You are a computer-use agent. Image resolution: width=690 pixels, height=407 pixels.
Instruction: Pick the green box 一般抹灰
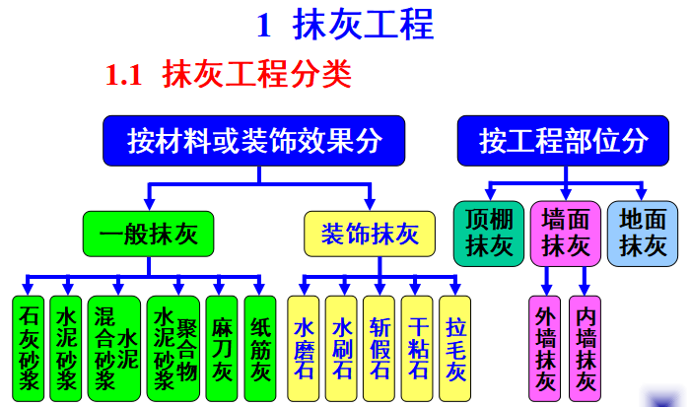point(149,234)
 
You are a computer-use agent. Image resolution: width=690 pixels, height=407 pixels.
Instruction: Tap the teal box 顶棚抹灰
point(489,234)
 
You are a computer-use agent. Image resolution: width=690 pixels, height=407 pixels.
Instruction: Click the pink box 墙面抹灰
point(565,234)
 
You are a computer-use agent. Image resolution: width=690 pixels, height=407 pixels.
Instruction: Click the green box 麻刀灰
point(223,348)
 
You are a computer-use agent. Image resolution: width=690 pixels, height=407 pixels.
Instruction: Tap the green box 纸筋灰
point(260,348)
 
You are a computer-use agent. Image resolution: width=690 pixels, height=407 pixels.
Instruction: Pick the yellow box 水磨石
point(305,348)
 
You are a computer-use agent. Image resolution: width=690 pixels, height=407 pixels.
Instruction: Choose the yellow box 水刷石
point(342,348)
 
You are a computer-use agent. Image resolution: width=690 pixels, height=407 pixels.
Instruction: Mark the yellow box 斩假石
point(379,348)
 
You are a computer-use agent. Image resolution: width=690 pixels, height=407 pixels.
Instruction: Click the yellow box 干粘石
point(418,348)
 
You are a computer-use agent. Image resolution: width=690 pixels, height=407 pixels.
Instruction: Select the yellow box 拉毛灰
point(454,348)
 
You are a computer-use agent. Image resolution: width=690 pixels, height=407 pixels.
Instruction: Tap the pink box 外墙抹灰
point(545,348)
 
